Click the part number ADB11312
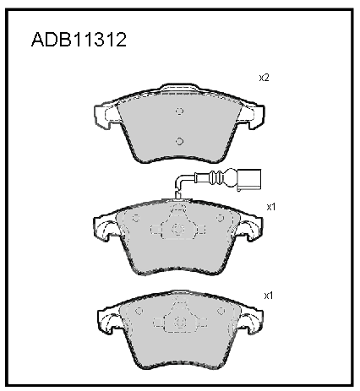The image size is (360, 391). pos(79,40)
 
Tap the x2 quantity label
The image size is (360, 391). pos(265,78)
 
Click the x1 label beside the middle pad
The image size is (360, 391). pos(271,207)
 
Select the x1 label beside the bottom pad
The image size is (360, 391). pos(269,296)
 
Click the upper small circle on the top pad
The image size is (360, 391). pos(179,111)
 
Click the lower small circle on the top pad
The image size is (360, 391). pos(179,141)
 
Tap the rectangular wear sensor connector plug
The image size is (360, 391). pos(249,179)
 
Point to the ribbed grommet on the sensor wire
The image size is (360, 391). pos(217,178)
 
